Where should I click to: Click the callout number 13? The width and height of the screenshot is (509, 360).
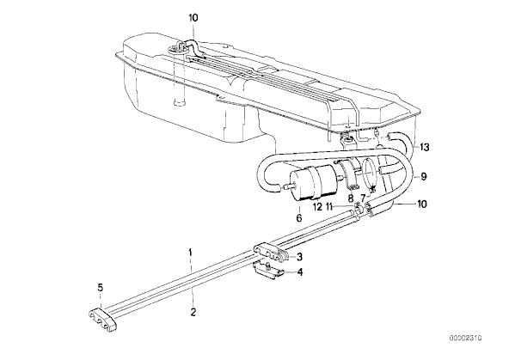tap(424, 147)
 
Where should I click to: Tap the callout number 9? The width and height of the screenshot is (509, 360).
tap(424, 176)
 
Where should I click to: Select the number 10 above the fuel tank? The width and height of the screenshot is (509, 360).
tap(193, 17)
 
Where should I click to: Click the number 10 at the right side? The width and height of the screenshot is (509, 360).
tap(422, 204)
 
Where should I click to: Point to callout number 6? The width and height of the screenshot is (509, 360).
tap(299, 217)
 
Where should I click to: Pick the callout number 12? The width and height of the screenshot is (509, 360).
tap(317, 206)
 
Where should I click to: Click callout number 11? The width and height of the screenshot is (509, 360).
tap(330, 206)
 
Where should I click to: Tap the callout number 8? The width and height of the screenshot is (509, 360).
tap(351, 198)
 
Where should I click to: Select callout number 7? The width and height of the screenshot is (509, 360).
tap(363, 198)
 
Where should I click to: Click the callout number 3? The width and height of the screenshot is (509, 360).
tap(299, 257)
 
